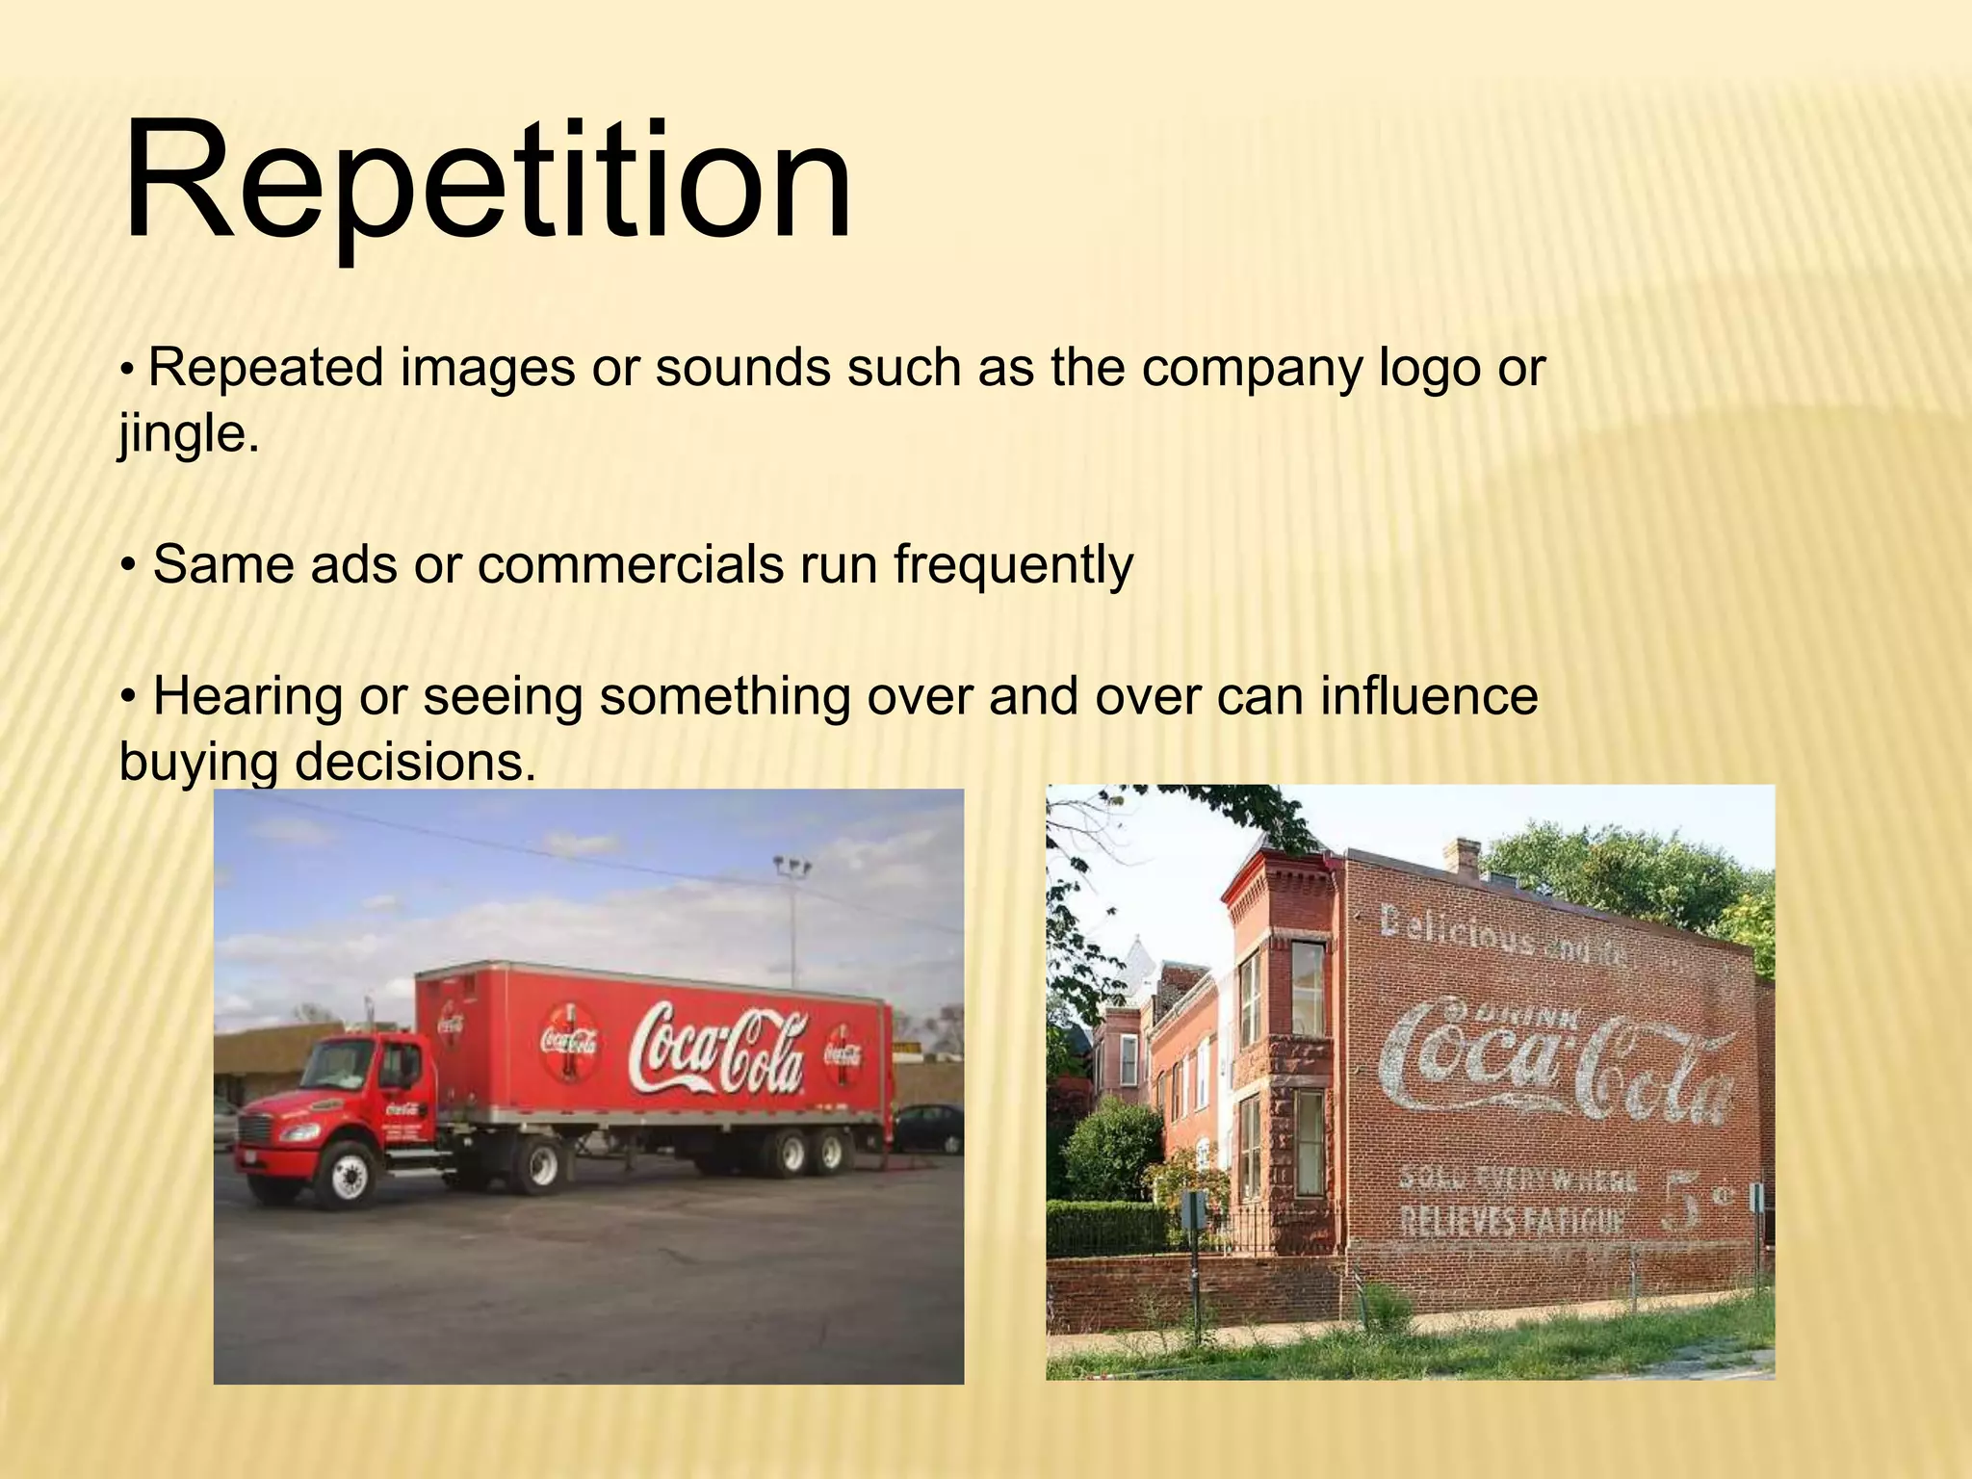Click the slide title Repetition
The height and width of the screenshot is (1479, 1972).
[x=486, y=180]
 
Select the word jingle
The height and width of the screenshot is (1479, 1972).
[x=189, y=434]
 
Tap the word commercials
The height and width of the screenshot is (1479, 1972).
[x=631, y=564]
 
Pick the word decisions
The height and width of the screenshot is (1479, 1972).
[x=414, y=763]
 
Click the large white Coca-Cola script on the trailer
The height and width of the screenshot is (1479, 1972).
[x=717, y=1050]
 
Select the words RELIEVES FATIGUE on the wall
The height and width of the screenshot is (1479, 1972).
[x=1512, y=1222]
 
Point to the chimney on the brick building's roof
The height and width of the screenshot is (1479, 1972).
[x=1466, y=857]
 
